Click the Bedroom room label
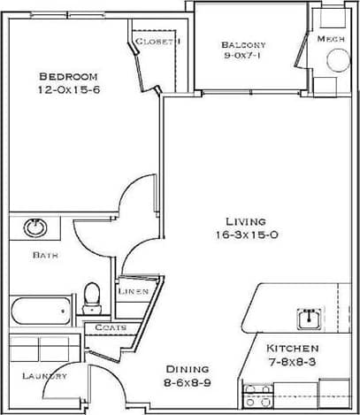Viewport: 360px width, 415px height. (67, 76)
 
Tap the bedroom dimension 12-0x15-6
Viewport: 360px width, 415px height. (67, 90)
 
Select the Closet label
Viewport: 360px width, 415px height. (157, 41)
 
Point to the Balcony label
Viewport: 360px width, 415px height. (243, 44)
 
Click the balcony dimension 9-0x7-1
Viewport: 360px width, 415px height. (243, 58)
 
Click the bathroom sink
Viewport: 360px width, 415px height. (35, 227)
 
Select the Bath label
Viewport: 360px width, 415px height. (45, 255)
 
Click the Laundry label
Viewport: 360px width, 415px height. (44, 376)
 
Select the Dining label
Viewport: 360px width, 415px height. (187, 369)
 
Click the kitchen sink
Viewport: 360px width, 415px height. (309, 316)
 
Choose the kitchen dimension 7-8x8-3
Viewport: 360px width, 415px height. (294, 362)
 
